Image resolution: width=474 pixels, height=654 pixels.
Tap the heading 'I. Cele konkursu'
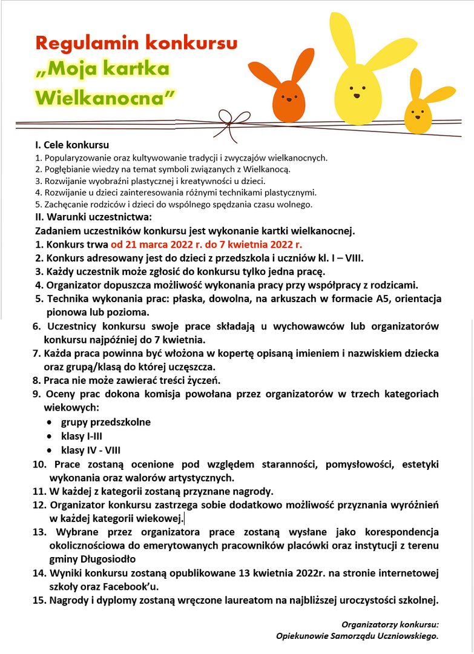tap(72, 145)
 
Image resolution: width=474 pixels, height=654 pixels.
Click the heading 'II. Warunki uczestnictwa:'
tap(93, 217)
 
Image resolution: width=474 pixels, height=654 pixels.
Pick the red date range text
tap(206, 245)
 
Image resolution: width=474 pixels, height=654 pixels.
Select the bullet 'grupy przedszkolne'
tap(106, 421)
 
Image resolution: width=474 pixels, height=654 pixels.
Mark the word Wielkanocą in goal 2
tap(269, 169)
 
